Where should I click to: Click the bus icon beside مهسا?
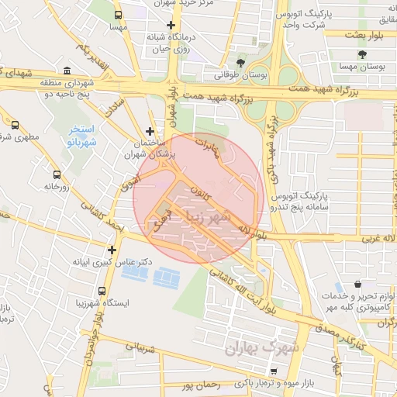tap(118, 15)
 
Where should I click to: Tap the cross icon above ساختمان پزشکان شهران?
tap(150, 132)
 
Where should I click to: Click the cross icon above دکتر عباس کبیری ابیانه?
tap(113, 250)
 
